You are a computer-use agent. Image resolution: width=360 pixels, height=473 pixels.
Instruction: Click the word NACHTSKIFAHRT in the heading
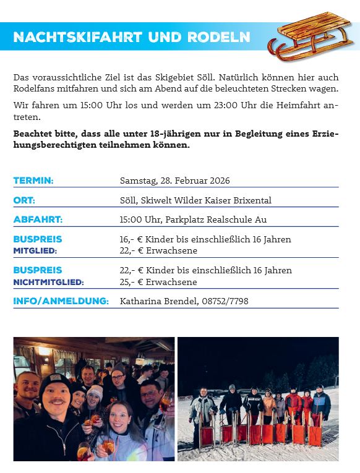click(78, 38)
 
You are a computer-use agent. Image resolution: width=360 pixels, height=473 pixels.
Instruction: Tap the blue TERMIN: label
click(33, 181)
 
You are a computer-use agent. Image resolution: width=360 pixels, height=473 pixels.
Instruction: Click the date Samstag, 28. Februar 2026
click(174, 181)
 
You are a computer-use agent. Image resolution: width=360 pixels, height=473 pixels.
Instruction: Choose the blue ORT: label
click(24, 200)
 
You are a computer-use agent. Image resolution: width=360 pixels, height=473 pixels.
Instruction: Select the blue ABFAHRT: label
click(38, 219)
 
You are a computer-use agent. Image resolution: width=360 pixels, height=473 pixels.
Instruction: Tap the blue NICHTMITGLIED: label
click(48, 282)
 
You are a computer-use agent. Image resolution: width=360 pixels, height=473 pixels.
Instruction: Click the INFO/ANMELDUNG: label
click(61, 301)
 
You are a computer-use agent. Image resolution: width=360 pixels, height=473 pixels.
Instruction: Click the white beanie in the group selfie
click(95, 393)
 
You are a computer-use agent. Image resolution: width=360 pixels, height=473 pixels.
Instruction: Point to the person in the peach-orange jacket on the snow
click(268, 404)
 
